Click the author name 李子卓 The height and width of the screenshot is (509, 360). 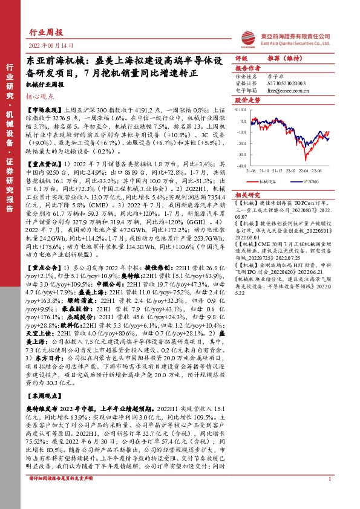tap(273, 77)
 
